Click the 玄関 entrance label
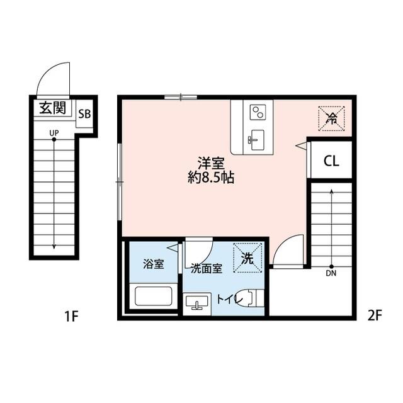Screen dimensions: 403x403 [53, 107]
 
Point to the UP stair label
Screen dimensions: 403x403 [54, 132]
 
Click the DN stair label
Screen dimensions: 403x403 [331, 274]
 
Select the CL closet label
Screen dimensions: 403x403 [331, 161]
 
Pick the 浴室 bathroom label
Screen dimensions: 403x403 [154, 264]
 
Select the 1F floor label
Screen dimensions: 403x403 [70, 315]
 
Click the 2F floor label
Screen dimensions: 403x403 [374, 315]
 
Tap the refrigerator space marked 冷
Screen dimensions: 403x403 [331, 118]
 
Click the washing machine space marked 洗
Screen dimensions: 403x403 [247, 258]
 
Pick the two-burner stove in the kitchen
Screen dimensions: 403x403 [258, 113]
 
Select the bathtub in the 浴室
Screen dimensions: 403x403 [153, 295]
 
